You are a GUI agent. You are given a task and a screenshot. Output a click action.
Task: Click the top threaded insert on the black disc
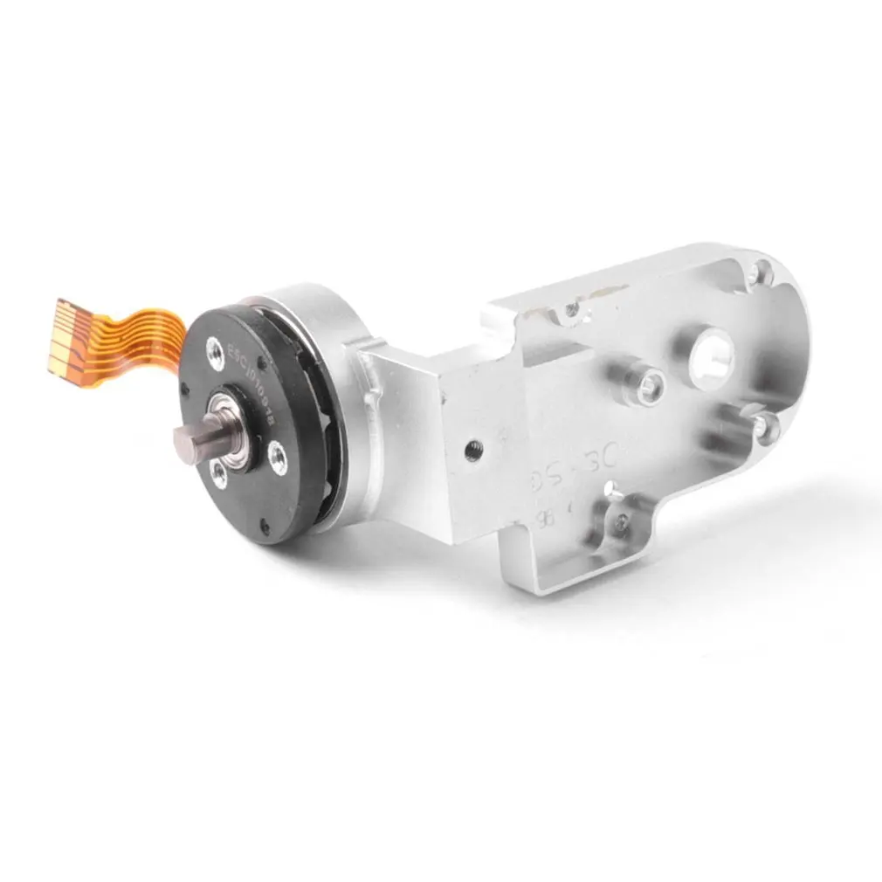tap(215, 352)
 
